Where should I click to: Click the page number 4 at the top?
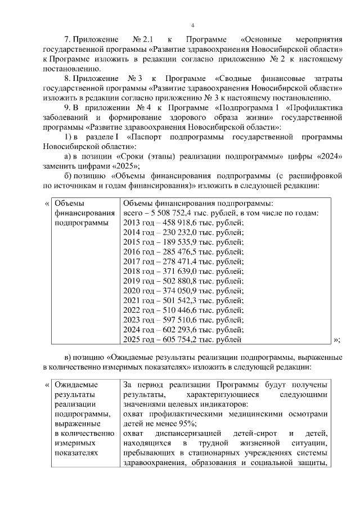pyautogui.click(x=192, y=25)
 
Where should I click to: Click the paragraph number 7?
pyautogui.click(x=66, y=40)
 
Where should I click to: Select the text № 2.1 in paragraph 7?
pyautogui.click(x=142, y=40)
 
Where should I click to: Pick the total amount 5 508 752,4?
pyautogui.click(x=168, y=213)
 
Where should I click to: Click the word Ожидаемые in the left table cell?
pyautogui.click(x=74, y=385)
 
